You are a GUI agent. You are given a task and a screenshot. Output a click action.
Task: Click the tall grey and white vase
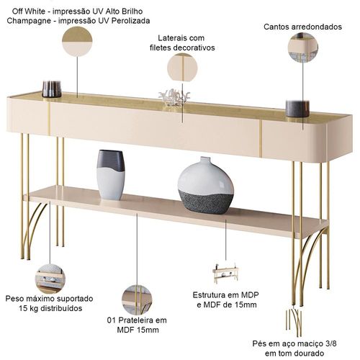pyautogui.click(x=111, y=175)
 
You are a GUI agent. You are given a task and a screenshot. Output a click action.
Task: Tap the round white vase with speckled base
pyautogui.click(x=206, y=186)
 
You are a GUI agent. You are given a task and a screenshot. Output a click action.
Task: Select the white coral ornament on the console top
pyautogui.click(x=174, y=97)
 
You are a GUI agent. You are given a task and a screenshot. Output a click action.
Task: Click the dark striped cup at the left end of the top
pyautogui.click(x=52, y=89)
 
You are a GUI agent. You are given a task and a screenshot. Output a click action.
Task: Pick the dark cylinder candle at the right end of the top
pyautogui.click(x=297, y=109)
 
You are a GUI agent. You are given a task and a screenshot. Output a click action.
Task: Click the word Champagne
pyautogui.click(x=29, y=21)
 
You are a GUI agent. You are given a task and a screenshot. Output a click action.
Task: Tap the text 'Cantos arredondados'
pyautogui.click(x=302, y=27)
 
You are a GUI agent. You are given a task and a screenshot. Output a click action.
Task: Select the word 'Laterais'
pyautogui.click(x=172, y=38)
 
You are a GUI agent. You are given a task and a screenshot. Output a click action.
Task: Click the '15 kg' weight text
pyautogui.click(x=29, y=308)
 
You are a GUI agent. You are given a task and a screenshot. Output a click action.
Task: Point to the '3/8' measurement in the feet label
pyautogui.click(x=331, y=343)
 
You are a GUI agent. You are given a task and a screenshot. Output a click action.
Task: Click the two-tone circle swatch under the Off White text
pyautogui.click(x=77, y=41)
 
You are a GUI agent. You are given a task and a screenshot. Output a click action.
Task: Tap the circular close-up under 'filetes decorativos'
pyautogui.click(x=182, y=68)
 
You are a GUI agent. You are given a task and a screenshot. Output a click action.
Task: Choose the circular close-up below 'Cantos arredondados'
pyautogui.click(x=303, y=48)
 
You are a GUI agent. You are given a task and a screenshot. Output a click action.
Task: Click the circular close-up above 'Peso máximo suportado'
pyautogui.click(x=50, y=279)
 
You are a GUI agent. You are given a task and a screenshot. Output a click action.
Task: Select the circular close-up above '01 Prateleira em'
pyautogui.click(x=137, y=300)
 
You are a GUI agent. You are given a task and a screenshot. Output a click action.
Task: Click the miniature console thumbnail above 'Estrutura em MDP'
pyautogui.click(x=226, y=273)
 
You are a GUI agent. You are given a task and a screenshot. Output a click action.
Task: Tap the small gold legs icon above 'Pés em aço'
pyautogui.click(x=293, y=322)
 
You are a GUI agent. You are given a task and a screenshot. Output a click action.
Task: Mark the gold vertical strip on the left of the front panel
pyautogui.click(x=49, y=117)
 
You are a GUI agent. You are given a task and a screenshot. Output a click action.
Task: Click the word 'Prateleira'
pyautogui.click(x=137, y=320)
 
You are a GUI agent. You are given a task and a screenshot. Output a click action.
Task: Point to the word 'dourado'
pyautogui.click(x=310, y=354)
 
